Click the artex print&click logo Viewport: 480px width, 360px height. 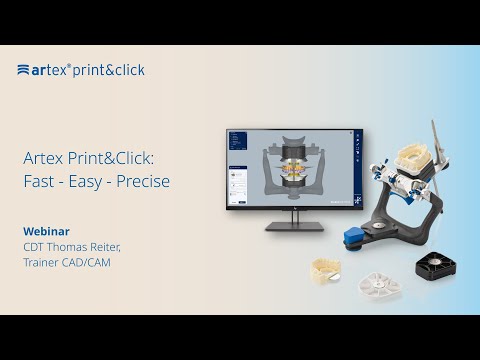(80, 70)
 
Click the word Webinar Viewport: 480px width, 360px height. (46, 230)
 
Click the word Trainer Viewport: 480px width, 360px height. (41, 262)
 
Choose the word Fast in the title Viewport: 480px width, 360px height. (39, 182)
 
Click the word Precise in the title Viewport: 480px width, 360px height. (141, 182)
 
